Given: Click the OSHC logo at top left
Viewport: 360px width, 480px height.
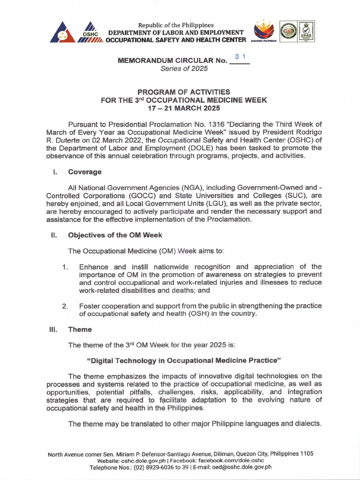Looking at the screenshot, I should click(90, 33).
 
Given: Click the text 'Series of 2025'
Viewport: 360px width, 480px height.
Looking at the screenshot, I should click(184, 68).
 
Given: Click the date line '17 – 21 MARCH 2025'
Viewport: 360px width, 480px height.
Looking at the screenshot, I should click(184, 107).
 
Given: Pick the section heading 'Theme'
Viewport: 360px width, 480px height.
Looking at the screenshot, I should click(80, 330).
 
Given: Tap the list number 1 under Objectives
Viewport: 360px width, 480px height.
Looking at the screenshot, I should click(64, 267).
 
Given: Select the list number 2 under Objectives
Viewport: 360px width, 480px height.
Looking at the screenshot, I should click(65, 306).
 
